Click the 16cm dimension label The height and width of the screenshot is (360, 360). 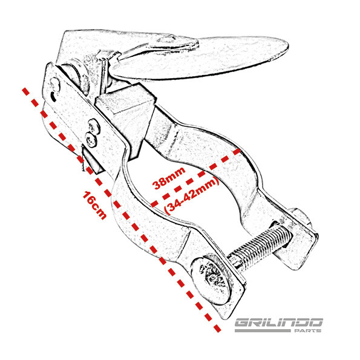tap(94, 205)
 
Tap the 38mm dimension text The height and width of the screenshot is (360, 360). tap(169, 178)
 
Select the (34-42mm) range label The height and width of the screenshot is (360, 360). tap(192, 195)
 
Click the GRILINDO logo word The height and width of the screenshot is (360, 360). tap(279, 322)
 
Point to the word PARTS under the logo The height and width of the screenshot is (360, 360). tap(307, 330)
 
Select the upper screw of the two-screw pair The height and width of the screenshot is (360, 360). tap(94, 126)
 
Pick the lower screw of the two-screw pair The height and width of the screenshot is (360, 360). tap(91, 140)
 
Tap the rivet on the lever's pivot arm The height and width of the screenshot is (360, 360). tap(166, 39)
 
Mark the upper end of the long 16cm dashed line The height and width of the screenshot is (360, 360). tap(24, 89)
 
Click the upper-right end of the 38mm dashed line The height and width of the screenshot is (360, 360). tap(239, 150)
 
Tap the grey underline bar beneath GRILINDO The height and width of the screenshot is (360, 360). tap(263, 330)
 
